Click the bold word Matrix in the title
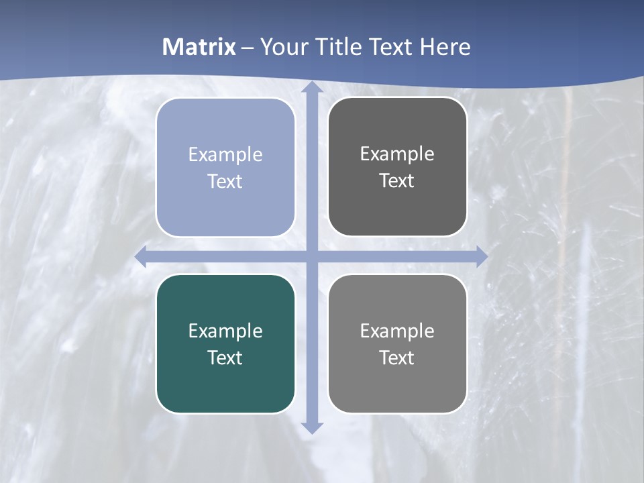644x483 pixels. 199,47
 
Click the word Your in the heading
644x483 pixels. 280,47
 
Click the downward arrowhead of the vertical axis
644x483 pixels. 311,427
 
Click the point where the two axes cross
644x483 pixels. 311,257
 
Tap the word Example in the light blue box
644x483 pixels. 225,155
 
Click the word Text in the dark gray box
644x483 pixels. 397,181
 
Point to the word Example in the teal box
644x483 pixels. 225,331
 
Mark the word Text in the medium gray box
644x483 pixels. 397,358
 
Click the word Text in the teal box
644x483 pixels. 225,358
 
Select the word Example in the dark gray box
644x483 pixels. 397,154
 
